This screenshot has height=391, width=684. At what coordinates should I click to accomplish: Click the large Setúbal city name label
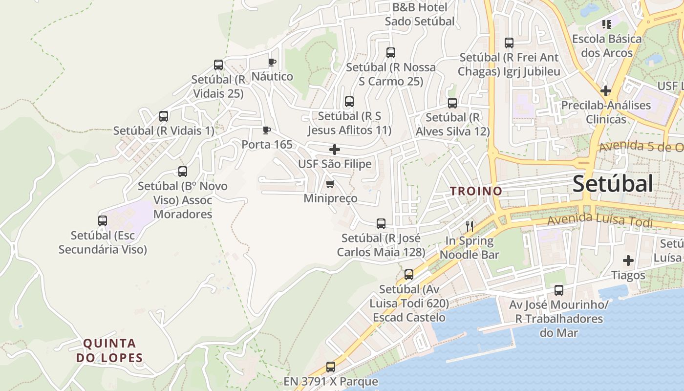[x=612, y=184]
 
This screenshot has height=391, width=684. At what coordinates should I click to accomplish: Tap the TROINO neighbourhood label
[x=476, y=191]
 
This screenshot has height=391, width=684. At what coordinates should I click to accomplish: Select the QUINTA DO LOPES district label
[x=109, y=350]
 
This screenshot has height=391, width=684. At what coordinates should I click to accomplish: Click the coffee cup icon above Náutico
[x=272, y=62]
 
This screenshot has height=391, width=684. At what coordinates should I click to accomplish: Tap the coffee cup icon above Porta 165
[x=266, y=130]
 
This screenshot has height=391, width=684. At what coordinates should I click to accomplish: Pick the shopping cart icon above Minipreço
[x=330, y=184]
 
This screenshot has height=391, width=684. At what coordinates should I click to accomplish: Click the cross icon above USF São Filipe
[x=335, y=150]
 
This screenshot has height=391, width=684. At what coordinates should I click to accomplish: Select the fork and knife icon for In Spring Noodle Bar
[x=470, y=226]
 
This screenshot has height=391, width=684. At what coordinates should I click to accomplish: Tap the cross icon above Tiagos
[x=628, y=261]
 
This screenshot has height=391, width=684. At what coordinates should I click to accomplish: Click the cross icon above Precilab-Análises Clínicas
[x=606, y=90]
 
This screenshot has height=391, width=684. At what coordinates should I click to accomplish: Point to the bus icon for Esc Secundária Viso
[x=103, y=221]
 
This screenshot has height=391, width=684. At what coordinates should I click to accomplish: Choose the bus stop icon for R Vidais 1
[x=164, y=116]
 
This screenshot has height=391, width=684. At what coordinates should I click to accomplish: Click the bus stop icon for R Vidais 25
[x=218, y=65]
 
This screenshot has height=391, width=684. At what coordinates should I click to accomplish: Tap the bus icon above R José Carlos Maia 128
[x=381, y=224]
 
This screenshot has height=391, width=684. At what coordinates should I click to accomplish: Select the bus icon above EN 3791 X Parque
[x=331, y=367]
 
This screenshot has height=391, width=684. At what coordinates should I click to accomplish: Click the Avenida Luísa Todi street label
[x=599, y=221]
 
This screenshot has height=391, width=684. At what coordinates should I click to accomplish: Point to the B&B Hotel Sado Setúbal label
[x=420, y=14]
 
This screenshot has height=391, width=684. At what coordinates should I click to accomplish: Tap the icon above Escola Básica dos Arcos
[x=607, y=24]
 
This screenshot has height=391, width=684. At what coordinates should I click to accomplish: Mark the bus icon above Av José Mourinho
[x=559, y=290]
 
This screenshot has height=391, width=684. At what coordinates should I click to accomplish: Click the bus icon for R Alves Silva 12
[x=452, y=103]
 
